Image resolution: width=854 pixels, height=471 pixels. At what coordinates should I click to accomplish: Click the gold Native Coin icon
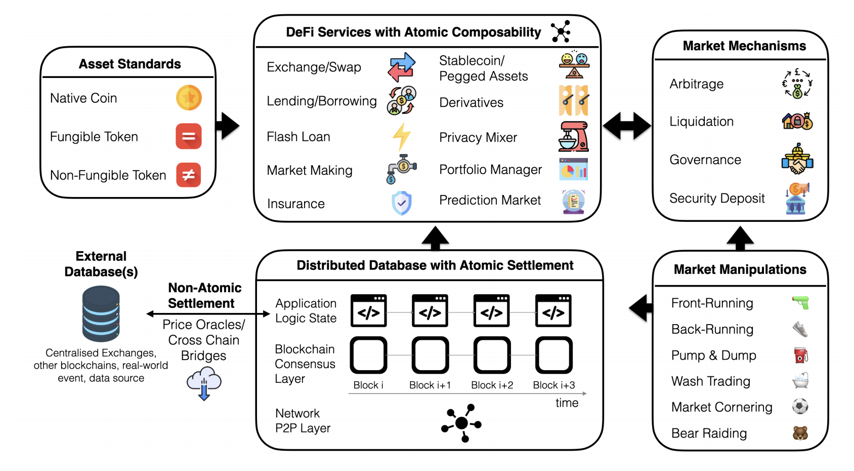[189, 98]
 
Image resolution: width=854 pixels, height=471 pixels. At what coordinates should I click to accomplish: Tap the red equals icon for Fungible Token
[189, 136]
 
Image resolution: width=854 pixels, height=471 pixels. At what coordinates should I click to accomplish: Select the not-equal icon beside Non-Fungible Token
[189, 175]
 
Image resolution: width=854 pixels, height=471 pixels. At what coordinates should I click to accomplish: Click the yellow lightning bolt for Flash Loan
[402, 137]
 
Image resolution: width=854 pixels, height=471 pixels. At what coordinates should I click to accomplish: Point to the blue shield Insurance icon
[402, 203]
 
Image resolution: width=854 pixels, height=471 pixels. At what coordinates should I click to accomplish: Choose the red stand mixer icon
[574, 137]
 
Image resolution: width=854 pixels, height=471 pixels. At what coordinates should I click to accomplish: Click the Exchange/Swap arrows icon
[402, 67]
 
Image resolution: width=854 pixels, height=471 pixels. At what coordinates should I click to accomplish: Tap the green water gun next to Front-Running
[800, 303]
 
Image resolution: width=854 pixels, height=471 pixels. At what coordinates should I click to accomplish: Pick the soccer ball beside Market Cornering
[800, 406]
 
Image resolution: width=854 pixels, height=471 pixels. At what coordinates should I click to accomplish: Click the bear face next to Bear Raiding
[800, 433]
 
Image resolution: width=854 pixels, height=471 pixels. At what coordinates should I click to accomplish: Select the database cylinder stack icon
[101, 313]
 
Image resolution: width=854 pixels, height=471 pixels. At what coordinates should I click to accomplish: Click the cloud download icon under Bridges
[204, 384]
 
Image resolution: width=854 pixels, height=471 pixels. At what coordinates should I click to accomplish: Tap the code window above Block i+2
[492, 311]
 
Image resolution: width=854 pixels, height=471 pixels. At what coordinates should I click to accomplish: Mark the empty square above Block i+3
[553, 355]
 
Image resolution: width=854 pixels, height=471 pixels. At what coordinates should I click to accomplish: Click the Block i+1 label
[430, 385]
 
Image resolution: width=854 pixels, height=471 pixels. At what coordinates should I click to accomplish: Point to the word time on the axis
[567, 403]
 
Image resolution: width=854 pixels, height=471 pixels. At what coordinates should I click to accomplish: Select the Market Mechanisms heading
[744, 46]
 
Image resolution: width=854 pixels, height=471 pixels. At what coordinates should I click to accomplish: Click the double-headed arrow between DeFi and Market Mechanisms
[627, 126]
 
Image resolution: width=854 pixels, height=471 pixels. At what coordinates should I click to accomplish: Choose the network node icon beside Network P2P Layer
[461, 423]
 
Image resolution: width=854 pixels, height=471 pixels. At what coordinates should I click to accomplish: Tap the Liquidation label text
[701, 122]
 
